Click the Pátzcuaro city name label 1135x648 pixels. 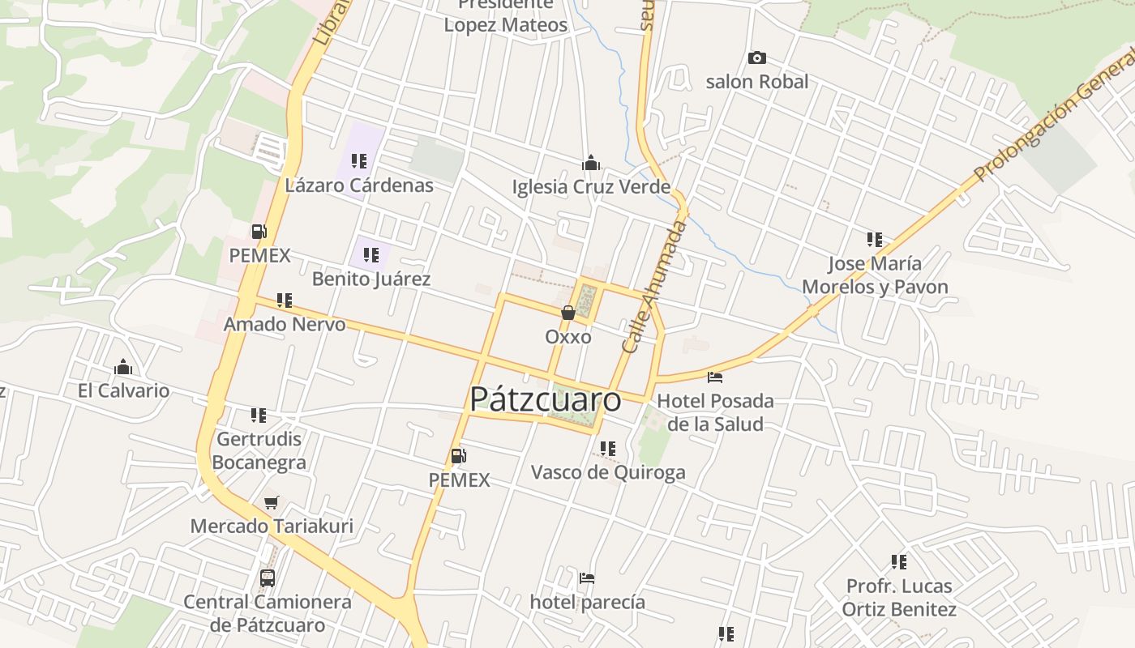pos(545,399)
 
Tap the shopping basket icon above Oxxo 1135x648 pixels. pos(567,313)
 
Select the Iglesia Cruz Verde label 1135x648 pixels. pos(591,187)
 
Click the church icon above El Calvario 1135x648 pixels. pos(123,367)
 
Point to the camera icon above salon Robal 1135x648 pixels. pos(756,58)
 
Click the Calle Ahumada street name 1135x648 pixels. pos(653,286)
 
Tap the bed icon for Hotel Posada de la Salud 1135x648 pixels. pos(714,377)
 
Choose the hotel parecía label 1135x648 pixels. pos(587,602)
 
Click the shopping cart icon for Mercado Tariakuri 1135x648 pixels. pos(271,502)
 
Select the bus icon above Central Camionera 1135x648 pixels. pos(267,578)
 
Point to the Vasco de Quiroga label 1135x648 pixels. pos(607,472)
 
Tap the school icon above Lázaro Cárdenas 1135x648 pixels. pos(358,161)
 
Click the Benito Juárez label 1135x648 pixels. pos(371,279)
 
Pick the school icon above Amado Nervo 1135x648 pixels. pos(284,301)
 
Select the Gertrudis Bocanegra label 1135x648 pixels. pos(259,451)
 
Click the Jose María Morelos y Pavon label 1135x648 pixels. pos(875,275)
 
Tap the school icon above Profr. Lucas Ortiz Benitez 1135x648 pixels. pos(898,561)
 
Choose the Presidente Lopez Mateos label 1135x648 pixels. pos(505,16)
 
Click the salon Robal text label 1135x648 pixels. pos(756,82)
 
